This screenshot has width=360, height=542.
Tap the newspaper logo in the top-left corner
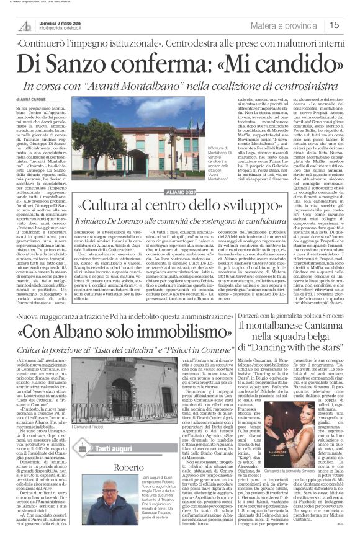pos(25,25)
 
